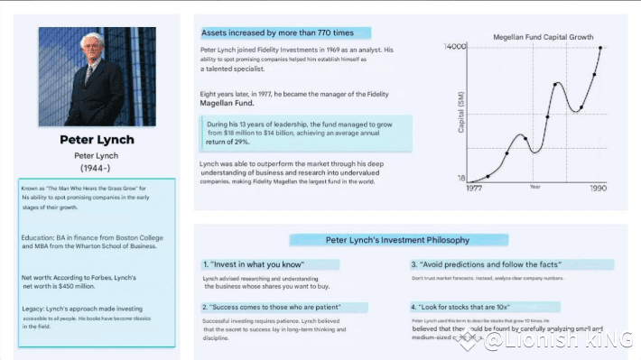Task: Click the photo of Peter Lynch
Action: pos(98,76)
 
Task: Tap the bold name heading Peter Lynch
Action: pos(97,140)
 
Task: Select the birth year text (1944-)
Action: pos(97,169)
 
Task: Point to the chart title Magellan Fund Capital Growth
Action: pos(543,38)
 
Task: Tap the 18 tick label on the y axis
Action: pos(460,178)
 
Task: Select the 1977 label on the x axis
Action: pos(474,188)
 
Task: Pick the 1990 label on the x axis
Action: pos(598,188)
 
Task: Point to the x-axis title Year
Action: pos(534,188)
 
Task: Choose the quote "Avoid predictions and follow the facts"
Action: pos(486,264)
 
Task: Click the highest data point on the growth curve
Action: pos(599,47)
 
